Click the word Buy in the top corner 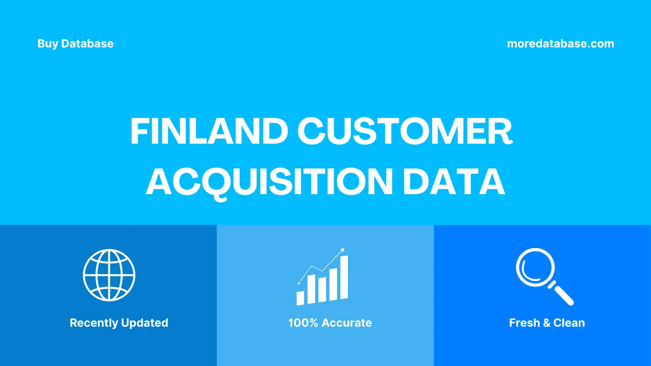[x=47, y=44]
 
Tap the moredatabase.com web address [x=560, y=44]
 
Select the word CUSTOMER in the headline [x=405, y=131]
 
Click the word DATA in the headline [x=454, y=182]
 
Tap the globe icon [x=109, y=275]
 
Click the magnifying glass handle [x=563, y=294]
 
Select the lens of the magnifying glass [x=535, y=267]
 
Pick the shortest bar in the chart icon [x=300, y=298]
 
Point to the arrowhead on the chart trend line [x=342, y=250]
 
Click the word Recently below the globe [x=94, y=323]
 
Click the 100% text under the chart [x=303, y=323]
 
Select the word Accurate [x=347, y=323]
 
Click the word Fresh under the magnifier [x=524, y=323]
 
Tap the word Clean [x=569, y=323]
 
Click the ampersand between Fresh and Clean [x=547, y=323]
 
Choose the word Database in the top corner [x=87, y=44]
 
